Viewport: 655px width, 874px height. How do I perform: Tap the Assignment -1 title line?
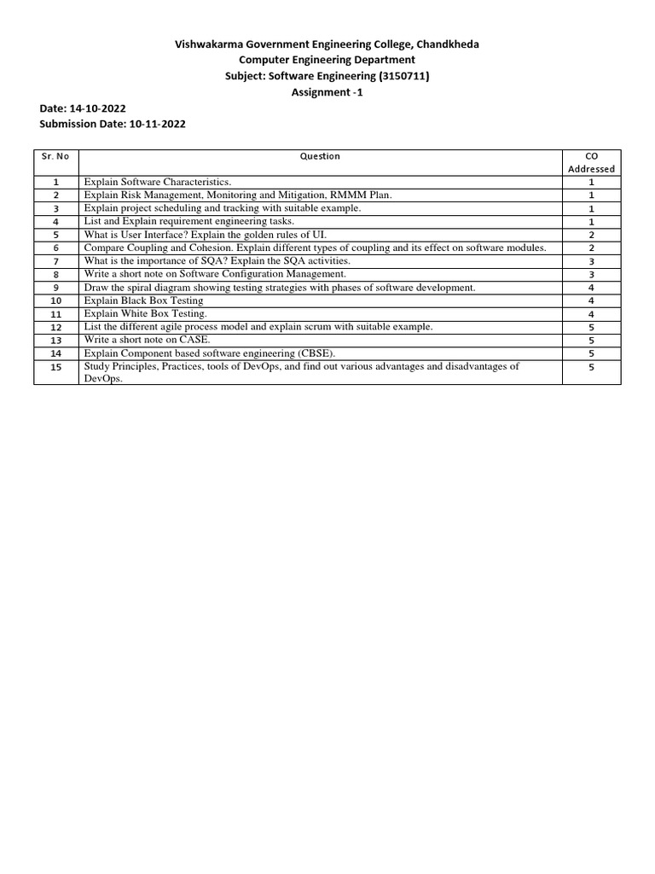click(327, 92)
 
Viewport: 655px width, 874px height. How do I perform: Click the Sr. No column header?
click(55, 156)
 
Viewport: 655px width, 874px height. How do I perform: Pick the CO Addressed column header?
click(591, 162)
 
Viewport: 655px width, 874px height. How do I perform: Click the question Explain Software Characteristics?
click(157, 182)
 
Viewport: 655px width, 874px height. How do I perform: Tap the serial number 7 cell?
click(55, 261)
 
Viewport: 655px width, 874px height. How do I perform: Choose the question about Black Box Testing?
click(143, 300)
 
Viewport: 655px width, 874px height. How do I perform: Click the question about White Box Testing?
click(145, 313)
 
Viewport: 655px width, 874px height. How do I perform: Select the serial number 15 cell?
click(55, 367)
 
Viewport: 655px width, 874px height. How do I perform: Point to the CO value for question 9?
click(591, 288)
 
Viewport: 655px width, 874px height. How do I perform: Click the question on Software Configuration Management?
click(215, 274)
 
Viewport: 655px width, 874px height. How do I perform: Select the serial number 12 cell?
click(55, 327)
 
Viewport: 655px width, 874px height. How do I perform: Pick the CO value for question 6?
click(591, 248)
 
